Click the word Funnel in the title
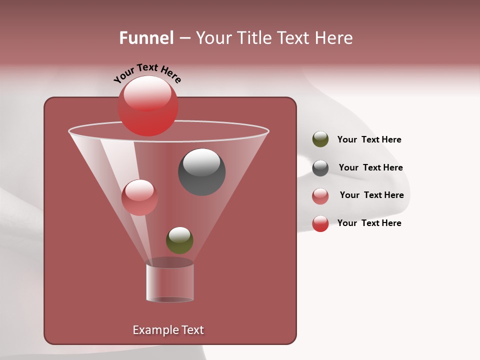click(x=146, y=38)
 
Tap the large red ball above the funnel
click(x=148, y=107)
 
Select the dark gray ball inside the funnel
click(x=201, y=172)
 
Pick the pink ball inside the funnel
click(x=139, y=197)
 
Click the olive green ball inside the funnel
click(x=179, y=240)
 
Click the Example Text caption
click(x=168, y=330)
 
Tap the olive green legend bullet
click(x=320, y=139)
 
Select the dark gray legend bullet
click(x=320, y=168)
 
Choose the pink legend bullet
click(x=320, y=196)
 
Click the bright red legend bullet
click(x=320, y=223)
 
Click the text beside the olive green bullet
click(x=369, y=140)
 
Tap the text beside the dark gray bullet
click(x=370, y=168)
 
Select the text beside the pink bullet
click(x=371, y=195)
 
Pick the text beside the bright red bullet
click(x=369, y=223)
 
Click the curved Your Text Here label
click(x=147, y=73)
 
